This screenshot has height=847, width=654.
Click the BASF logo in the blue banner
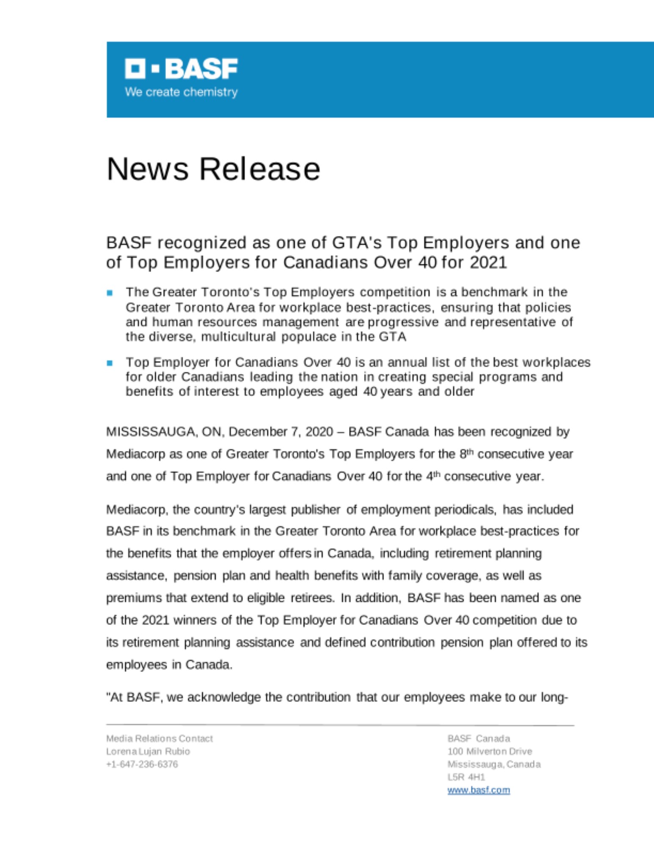[x=181, y=69]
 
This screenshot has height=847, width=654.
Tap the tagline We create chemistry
[x=181, y=92]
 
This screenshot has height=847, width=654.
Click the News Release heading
[x=213, y=169]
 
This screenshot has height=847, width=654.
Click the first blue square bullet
[x=110, y=293]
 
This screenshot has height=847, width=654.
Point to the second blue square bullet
[x=110, y=363]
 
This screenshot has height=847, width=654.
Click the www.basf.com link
[x=478, y=790]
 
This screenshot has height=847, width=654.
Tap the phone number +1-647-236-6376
[x=142, y=764]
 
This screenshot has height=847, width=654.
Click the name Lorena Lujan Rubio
[x=148, y=752]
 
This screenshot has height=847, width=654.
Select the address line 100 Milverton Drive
[x=489, y=752]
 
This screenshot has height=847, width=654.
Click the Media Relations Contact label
[x=159, y=739]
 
